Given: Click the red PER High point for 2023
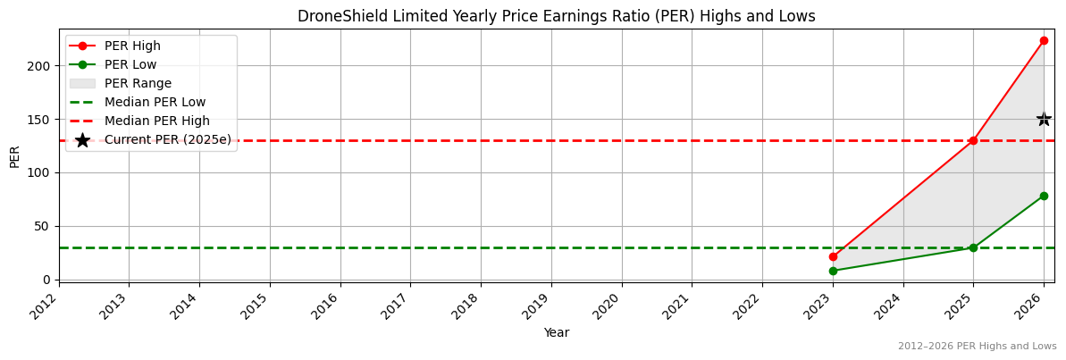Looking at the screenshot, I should click(833, 256).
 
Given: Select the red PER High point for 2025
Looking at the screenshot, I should click(973, 140).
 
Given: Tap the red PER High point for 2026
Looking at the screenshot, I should click(1044, 40).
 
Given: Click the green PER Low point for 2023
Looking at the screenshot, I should click(833, 271).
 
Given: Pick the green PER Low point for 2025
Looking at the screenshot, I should click(973, 247).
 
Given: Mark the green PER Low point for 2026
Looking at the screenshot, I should click(1044, 196).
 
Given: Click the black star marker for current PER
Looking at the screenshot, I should click(1044, 119).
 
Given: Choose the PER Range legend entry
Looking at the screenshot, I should click(138, 84).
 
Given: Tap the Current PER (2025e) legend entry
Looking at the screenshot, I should click(167, 140).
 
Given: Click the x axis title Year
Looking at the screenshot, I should click(556, 333).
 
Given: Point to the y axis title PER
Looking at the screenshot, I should click(14, 155).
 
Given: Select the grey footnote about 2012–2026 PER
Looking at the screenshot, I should click(977, 347).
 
